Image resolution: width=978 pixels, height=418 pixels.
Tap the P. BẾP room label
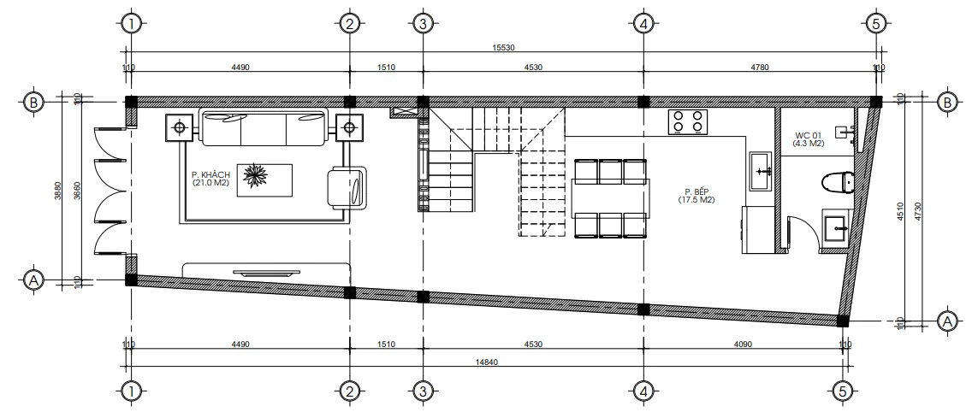[x=696, y=196]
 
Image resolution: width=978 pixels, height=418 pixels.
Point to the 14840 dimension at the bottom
[x=486, y=362]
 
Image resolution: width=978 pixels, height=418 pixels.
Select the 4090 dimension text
[x=742, y=344]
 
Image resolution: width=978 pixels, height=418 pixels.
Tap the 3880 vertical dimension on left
[x=59, y=191]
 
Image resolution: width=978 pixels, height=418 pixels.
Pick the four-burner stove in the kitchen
[x=688, y=121]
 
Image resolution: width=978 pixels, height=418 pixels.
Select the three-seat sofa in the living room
[x=264, y=128]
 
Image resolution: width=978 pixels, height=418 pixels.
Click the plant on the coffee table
[x=257, y=177]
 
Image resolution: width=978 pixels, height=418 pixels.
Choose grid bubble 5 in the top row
[x=874, y=24]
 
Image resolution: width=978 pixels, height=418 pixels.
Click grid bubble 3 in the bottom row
[x=422, y=392]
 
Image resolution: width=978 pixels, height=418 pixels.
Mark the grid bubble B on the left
[x=33, y=102]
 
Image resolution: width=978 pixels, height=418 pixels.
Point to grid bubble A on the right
[x=946, y=321]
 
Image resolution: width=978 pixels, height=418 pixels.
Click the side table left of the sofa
[x=180, y=128]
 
